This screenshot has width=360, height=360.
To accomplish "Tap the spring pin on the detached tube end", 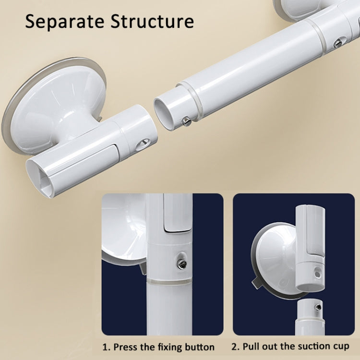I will point(186,122).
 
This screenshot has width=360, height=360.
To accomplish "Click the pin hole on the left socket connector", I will point(143,144).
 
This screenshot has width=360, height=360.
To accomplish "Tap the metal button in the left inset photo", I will point(182,263).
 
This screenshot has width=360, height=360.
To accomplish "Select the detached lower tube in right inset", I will point(311,317).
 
